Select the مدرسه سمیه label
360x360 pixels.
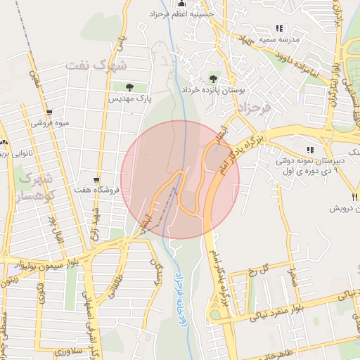pos(279,39)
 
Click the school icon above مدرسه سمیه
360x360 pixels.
pos(279,29)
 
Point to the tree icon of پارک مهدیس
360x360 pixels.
pos(129,87)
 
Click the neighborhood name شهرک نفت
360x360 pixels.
pos(98,65)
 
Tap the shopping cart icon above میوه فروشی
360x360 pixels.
pos(49,112)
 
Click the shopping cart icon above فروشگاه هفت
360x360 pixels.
pos(96,180)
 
